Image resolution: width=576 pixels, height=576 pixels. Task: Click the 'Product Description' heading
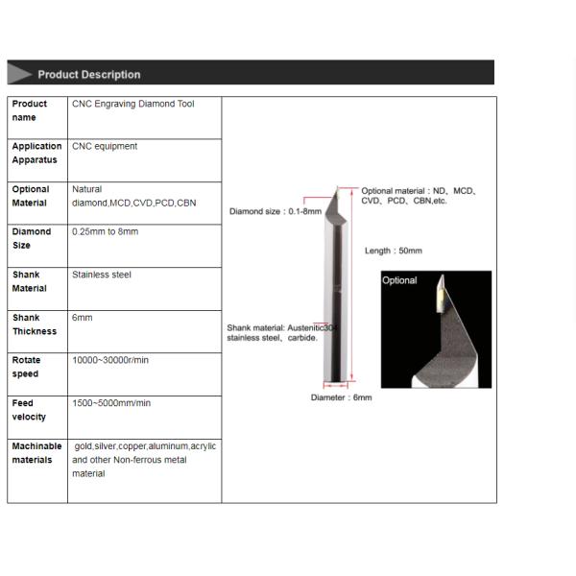[88, 74]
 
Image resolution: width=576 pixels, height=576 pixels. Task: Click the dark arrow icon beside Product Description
[20, 74]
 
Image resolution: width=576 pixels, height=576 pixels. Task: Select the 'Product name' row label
[29, 110]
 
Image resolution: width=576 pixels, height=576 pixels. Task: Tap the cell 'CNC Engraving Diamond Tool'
[132, 104]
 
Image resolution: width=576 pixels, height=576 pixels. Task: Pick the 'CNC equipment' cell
[105, 147]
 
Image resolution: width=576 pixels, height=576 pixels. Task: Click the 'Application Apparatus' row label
[36, 154]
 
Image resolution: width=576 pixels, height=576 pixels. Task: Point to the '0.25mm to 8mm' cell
[105, 232]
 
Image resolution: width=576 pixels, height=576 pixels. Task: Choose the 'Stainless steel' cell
[102, 275]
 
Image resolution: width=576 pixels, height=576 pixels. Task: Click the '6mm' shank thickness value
[83, 318]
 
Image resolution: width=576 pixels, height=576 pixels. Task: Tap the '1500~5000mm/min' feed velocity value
[111, 403]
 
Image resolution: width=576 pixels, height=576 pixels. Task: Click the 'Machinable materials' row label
[36, 453]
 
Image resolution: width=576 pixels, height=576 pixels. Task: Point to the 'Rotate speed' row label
[26, 367]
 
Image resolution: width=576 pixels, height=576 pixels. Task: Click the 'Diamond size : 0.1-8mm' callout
[275, 211]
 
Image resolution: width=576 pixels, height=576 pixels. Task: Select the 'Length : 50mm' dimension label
[393, 251]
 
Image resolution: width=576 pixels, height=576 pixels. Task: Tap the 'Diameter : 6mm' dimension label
[341, 397]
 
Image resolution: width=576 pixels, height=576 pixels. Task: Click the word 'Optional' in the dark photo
[399, 280]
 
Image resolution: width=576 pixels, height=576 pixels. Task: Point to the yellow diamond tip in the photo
[436, 298]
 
